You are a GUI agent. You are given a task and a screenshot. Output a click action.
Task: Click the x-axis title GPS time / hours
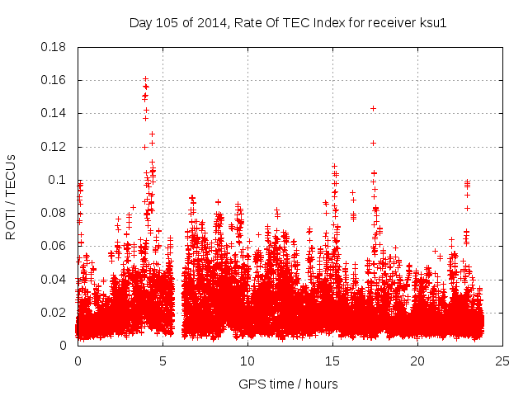click(288, 384)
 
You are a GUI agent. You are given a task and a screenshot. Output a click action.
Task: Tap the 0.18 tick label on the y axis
click(54, 47)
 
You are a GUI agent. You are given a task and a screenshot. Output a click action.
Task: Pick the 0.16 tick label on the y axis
click(54, 80)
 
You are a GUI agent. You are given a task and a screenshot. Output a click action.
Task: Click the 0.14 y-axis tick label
click(54, 113)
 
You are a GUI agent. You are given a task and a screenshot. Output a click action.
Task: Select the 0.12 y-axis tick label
click(54, 147)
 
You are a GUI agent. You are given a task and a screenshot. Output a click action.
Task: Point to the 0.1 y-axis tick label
click(57, 180)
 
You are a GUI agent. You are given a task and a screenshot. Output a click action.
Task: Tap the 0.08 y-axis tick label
click(54, 213)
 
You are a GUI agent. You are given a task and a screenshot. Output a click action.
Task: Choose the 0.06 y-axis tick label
click(54, 246)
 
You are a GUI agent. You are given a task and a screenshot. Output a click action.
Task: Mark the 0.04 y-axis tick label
click(54, 279)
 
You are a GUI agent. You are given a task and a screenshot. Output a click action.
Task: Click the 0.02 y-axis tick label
click(54, 313)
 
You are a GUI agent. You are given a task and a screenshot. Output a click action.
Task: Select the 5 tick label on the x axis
click(163, 361)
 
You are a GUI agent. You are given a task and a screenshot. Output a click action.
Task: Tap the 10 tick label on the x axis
click(247, 361)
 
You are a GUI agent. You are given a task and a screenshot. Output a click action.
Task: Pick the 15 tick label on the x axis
click(332, 361)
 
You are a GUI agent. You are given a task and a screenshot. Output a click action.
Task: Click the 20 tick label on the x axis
click(417, 361)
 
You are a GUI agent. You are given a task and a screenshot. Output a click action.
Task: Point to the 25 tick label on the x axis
click(502, 361)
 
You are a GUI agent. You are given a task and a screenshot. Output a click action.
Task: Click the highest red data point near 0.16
click(145, 78)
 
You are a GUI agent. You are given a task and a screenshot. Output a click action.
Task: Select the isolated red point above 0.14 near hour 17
click(373, 108)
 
